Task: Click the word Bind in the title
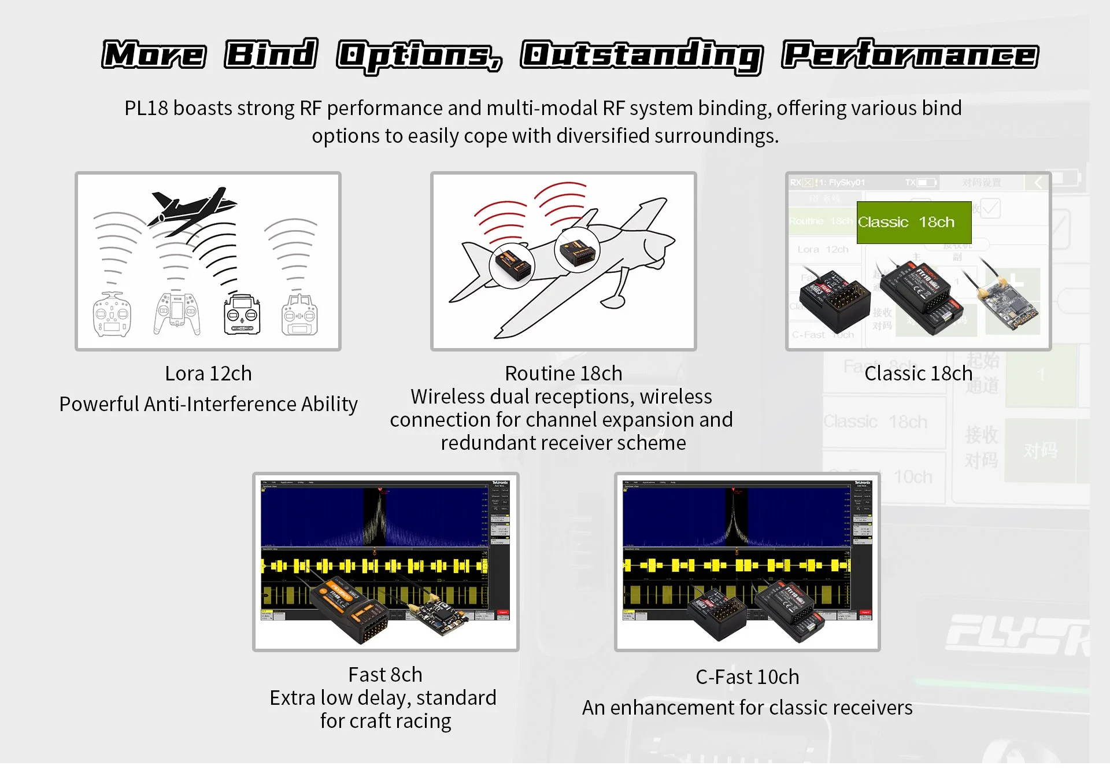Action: (x=271, y=54)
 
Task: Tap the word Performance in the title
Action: (x=909, y=56)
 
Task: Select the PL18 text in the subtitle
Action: (x=146, y=108)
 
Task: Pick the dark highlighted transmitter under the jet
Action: (x=242, y=315)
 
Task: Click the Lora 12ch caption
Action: (x=208, y=373)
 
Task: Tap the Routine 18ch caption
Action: (x=563, y=373)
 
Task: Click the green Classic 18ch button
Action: (x=913, y=222)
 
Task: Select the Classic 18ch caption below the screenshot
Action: (x=918, y=373)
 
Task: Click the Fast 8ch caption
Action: (x=385, y=675)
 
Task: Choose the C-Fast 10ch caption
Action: (x=747, y=677)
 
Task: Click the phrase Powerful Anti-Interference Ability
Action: (x=208, y=404)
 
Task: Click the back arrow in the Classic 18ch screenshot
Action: (x=1038, y=183)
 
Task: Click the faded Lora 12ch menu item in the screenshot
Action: (x=822, y=250)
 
